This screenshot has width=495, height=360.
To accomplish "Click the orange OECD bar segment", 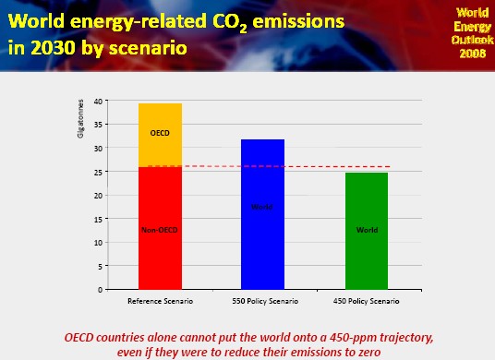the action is pyautogui.click(x=160, y=135).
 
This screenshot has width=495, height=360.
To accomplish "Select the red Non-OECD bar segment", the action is pyautogui.click(x=160, y=228).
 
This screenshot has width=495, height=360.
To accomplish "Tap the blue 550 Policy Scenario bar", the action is pyautogui.click(x=262, y=214).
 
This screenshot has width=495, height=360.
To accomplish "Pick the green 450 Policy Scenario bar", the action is pyautogui.click(x=367, y=231).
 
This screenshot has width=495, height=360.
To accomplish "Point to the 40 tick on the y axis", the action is pyautogui.click(x=98, y=102).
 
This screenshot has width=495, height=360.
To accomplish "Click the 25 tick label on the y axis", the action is pyautogui.click(x=98, y=173).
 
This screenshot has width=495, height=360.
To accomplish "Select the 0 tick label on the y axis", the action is pyautogui.click(x=100, y=290).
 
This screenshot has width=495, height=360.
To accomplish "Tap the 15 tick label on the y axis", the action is pyautogui.click(x=98, y=220).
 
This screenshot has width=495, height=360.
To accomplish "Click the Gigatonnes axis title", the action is pyautogui.click(x=80, y=119).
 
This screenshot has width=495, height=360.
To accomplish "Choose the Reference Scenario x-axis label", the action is pyautogui.click(x=160, y=301).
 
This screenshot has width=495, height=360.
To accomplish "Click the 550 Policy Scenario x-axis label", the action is pyautogui.click(x=265, y=301).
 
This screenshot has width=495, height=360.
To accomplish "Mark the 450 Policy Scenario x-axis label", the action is pyautogui.click(x=367, y=301).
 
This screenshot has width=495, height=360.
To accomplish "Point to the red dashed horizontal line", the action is pyautogui.click(x=269, y=166).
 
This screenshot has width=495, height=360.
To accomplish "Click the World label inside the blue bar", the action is pyautogui.click(x=262, y=207).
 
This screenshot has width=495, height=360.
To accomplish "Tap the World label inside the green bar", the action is pyautogui.click(x=367, y=230).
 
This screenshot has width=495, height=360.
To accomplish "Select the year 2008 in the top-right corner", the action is pyautogui.click(x=473, y=54).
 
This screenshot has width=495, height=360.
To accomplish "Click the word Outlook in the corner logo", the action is pyautogui.click(x=473, y=40).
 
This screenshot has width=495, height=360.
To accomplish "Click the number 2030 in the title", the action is pyautogui.click(x=54, y=48).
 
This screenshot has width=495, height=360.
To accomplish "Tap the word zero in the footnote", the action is pyautogui.click(x=368, y=352).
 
